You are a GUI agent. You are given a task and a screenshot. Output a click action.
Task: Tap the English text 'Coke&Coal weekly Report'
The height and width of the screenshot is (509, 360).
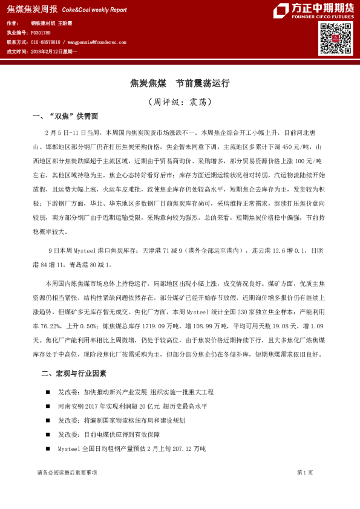click(x=94, y=10)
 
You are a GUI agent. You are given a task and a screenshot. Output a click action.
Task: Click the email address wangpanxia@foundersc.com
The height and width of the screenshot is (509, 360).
click(x=97, y=42)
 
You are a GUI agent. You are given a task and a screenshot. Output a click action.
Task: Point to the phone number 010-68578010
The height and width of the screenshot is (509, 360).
click(x=45, y=42)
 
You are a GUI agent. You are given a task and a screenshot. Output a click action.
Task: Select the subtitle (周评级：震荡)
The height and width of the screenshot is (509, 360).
click(x=180, y=102)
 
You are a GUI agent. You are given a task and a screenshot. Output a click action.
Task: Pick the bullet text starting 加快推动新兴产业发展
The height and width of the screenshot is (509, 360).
click(x=148, y=392)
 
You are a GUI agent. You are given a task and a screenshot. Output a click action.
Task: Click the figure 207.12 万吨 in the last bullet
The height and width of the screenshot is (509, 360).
click(x=187, y=449)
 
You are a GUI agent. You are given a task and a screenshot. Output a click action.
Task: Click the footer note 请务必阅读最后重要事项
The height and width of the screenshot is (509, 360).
click(x=66, y=472)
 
